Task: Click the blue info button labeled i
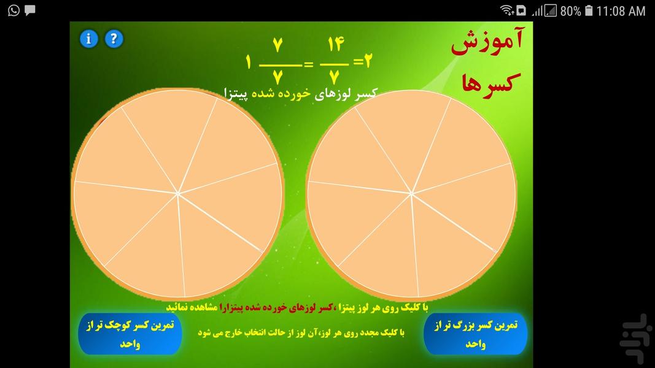click(x=89, y=39)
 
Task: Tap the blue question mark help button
click(x=114, y=39)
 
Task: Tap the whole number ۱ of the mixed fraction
click(x=249, y=63)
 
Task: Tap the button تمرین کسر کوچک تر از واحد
click(x=130, y=334)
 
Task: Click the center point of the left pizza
click(x=178, y=194)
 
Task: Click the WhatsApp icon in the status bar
click(x=14, y=10)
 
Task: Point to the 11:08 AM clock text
click(x=621, y=11)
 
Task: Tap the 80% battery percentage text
click(x=570, y=11)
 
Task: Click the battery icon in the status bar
click(x=589, y=11)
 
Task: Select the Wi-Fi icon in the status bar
click(x=506, y=10)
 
